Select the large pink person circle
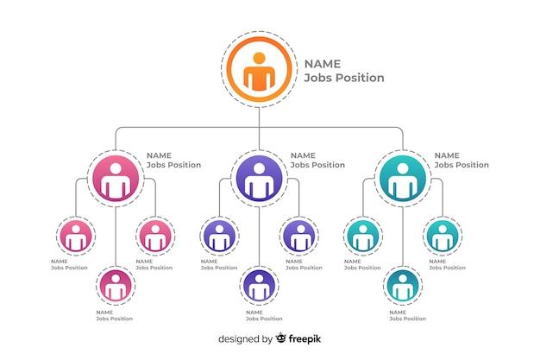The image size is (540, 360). coord(116,179)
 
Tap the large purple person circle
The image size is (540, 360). coord(259,179)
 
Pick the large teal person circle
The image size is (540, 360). coord(403,179)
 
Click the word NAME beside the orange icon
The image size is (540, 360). coord(323,64)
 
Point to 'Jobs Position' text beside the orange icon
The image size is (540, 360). coord(344,78)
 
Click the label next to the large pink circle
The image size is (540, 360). coord(173,161)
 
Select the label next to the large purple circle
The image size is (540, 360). coord(317,161)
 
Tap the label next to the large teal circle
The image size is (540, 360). coord(462,161)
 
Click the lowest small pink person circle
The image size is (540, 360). coord(116,286)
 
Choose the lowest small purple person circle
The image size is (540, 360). coord(259,286)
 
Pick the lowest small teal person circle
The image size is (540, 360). coord(403,286)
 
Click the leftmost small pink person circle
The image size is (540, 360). coord(76,237)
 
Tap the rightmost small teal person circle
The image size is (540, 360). coord(443,237)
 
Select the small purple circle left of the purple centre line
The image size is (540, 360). coord(219,237)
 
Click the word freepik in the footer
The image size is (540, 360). coord(305,339)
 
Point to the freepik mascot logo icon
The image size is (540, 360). coord(280,338)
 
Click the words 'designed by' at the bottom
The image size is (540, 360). coord(245,339)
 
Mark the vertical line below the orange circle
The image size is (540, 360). coord(259,129)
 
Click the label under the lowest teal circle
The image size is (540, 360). coord(407,315)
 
